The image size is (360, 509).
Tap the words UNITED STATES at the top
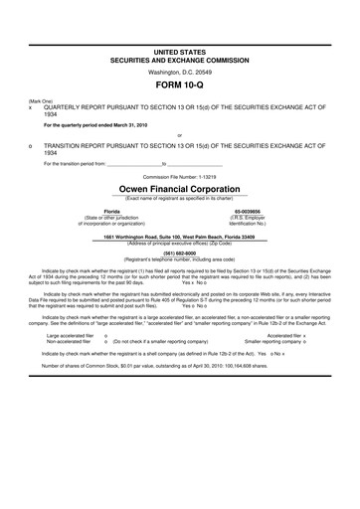(x=179, y=49)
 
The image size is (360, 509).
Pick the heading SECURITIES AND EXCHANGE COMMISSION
(x=179, y=58)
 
